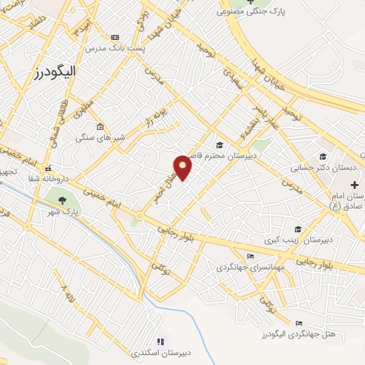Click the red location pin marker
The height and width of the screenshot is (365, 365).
pyautogui.click(x=183, y=167)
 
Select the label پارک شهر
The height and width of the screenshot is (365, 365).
pyautogui.click(x=63, y=212)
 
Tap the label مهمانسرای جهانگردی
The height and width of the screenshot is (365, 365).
pyautogui.click(x=250, y=267)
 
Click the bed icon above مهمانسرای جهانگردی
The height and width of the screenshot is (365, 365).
pyautogui.click(x=250, y=256)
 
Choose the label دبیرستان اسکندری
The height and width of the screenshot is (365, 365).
pyautogui.click(x=160, y=353)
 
